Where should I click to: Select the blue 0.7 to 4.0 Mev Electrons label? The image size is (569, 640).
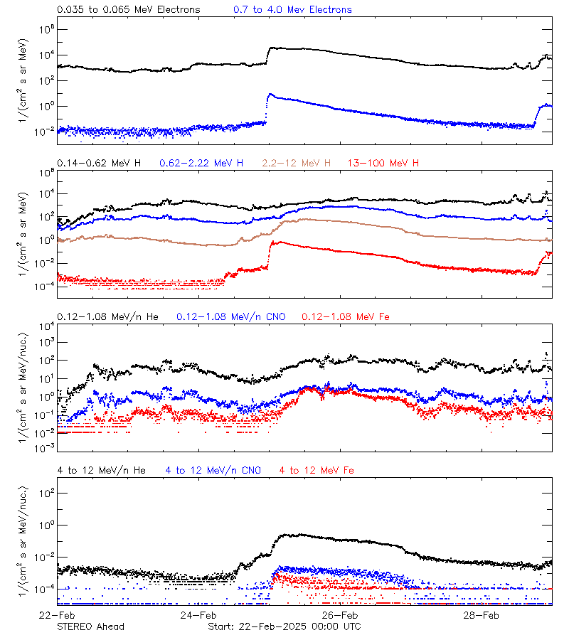point(292,9)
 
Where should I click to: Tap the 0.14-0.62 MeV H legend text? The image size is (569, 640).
point(99,163)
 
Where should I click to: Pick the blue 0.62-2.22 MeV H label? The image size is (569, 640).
point(203,163)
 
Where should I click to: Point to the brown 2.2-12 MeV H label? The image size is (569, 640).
point(297,163)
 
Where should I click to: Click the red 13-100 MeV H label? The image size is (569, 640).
point(383,163)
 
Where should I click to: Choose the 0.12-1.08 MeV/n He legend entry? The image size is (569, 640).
point(108,316)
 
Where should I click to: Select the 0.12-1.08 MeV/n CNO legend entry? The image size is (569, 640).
point(231,316)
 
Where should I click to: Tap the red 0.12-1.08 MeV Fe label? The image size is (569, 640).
point(345,316)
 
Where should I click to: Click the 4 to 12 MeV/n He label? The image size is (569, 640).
point(102,470)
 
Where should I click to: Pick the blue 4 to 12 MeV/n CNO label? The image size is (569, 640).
point(213,470)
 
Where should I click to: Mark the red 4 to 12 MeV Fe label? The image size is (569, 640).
point(317,470)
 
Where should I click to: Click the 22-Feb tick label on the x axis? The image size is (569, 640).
point(58,614)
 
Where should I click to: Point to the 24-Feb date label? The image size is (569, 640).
point(198,614)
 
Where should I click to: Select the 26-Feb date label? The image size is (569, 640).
point(339,614)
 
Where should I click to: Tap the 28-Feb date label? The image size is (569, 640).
point(481,614)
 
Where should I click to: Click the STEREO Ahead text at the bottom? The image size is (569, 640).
point(90,626)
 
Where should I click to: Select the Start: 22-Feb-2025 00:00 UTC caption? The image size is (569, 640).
point(284,626)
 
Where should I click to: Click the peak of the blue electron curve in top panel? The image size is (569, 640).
point(270,94)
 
